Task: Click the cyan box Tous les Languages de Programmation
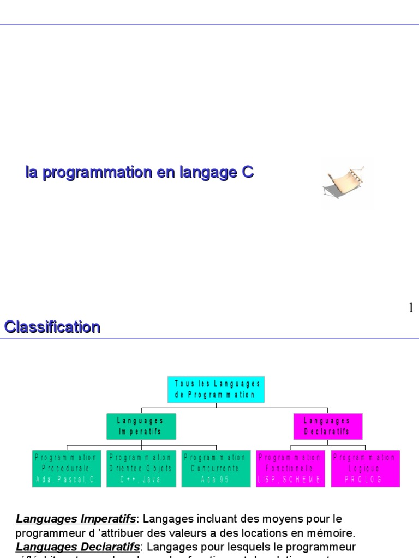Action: (216, 389)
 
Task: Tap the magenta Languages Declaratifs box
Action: (327, 426)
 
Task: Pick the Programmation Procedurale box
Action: (66, 468)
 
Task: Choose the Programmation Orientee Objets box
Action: (141, 468)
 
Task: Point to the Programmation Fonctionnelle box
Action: (290, 468)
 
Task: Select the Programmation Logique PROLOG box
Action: (364, 468)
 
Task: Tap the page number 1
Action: (411, 308)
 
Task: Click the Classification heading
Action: (52, 327)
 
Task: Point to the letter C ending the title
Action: (247, 173)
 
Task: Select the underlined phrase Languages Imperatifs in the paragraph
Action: (75, 518)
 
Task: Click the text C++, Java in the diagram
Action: (141, 480)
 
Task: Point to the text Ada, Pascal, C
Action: (66, 480)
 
